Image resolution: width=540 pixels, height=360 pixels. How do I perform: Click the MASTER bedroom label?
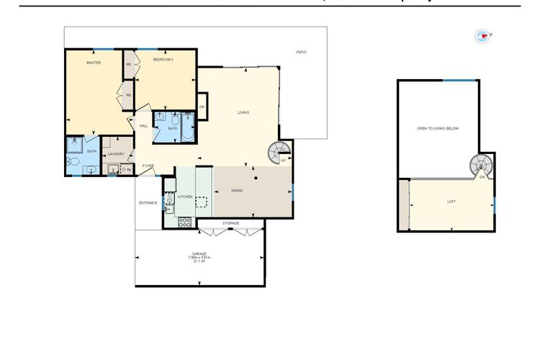(x=93, y=63)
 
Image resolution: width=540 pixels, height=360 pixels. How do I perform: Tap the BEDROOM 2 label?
(x=163, y=60)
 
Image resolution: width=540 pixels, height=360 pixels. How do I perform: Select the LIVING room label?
(x=243, y=112)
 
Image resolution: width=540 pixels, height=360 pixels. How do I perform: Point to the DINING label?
(x=237, y=191)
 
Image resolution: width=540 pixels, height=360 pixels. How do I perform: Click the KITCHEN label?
(x=185, y=196)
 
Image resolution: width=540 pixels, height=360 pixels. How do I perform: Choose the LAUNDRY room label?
(x=116, y=153)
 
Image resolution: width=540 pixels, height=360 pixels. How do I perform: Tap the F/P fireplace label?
(x=202, y=107)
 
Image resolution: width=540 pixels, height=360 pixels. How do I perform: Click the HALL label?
(x=143, y=126)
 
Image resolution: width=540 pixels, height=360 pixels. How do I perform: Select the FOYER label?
(x=148, y=166)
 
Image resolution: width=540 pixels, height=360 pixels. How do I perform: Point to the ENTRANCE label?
(x=148, y=202)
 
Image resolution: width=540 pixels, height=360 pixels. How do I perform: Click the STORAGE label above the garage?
(x=230, y=223)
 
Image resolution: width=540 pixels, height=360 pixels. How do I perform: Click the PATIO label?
(x=302, y=52)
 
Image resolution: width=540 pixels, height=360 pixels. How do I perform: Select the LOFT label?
(x=451, y=202)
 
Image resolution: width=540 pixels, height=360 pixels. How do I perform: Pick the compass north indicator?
(x=482, y=35)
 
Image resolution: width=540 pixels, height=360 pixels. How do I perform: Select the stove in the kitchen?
(x=185, y=222)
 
